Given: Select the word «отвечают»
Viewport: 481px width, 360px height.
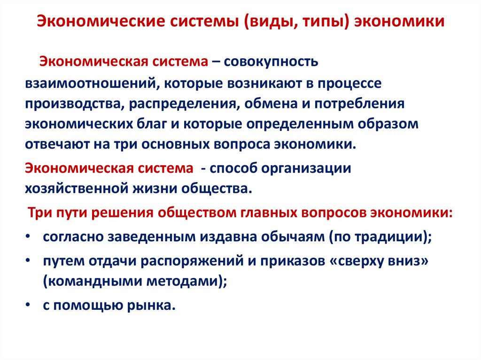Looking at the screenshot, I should pyautogui.click(x=55, y=144).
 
